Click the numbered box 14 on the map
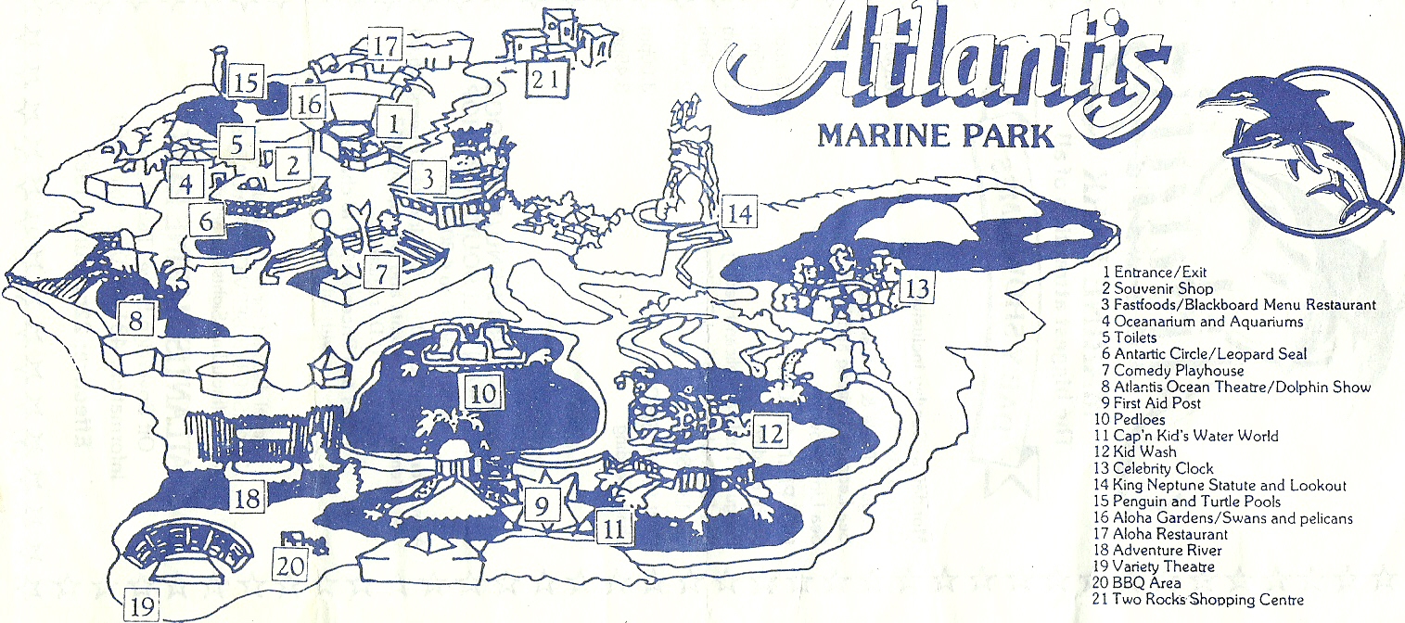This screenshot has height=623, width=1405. tap(739, 214)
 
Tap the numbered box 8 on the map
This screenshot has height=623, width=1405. tap(135, 322)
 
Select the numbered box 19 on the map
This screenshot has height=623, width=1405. tap(142, 605)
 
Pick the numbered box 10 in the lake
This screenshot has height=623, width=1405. tap(483, 394)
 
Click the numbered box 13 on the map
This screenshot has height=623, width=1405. tap(915, 288)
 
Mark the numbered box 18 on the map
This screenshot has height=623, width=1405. tap(248, 498)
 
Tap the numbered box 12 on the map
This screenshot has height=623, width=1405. tap(772, 431)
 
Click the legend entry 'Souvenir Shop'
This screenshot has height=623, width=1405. tap(1163, 289)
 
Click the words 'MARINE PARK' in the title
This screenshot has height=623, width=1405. tap(936, 135)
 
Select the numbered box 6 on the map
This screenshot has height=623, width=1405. tap(206, 220)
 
